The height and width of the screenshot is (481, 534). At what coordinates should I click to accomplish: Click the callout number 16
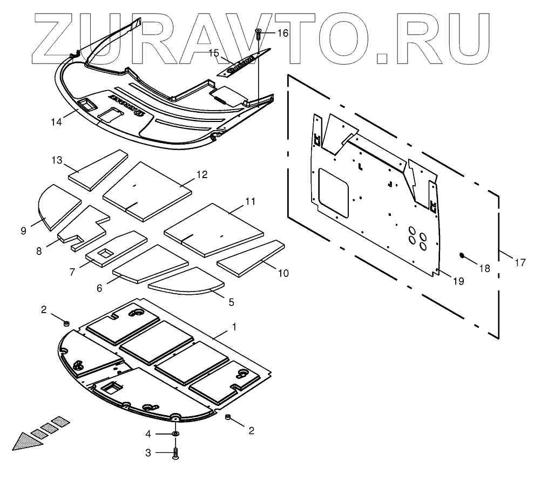click(283, 33)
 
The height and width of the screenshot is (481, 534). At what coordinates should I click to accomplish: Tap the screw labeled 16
click(259, 34)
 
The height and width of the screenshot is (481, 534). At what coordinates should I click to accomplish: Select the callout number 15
click(214, 53)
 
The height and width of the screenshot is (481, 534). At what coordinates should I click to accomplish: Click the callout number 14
click(56, 121)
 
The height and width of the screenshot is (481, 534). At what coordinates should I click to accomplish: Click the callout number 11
click(250, 201)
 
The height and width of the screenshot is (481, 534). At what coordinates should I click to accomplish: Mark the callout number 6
click(99, 288)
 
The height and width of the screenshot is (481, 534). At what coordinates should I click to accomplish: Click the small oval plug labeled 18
click(462, 255)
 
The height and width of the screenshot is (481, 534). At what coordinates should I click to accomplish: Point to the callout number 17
click(519, 263)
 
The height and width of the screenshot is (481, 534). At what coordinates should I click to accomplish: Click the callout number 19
click(458, 281)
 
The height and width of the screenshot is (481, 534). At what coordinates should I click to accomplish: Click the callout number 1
click(234, 327)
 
